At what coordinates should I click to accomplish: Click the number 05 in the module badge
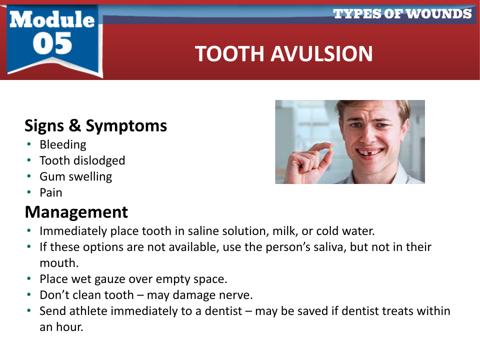52,43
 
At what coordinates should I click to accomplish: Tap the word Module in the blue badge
52,19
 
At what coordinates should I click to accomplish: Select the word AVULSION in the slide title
321,54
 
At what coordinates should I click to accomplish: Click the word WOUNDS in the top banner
439,14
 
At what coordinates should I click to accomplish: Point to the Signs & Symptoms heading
96,125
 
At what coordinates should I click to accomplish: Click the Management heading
76,212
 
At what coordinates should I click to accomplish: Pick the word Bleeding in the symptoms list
63,144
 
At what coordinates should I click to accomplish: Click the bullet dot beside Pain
29,192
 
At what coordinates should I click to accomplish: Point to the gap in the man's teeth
370,151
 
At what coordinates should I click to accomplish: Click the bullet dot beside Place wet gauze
29,278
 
